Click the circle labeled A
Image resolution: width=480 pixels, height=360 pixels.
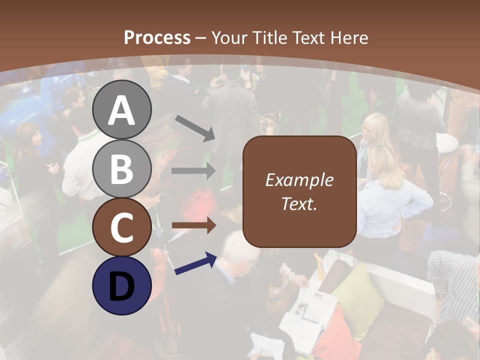[x=121, y=110]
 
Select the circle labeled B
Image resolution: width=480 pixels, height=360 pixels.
[x=121, y=168]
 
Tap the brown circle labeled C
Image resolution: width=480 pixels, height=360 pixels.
[x=121, y=227]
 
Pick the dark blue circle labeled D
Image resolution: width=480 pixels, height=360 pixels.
[x=121, y=285]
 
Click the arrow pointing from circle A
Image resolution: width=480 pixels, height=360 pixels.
[x=195, y=127]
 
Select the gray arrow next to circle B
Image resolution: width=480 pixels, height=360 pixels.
[x=193, y=170]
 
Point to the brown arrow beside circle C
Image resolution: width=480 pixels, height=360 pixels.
[x=193, y=225]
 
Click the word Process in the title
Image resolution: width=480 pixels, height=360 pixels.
[x=157, y=37]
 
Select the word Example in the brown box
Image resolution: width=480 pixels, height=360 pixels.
[x=299, y=180]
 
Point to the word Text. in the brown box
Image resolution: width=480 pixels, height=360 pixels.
[x=299, y=203]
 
